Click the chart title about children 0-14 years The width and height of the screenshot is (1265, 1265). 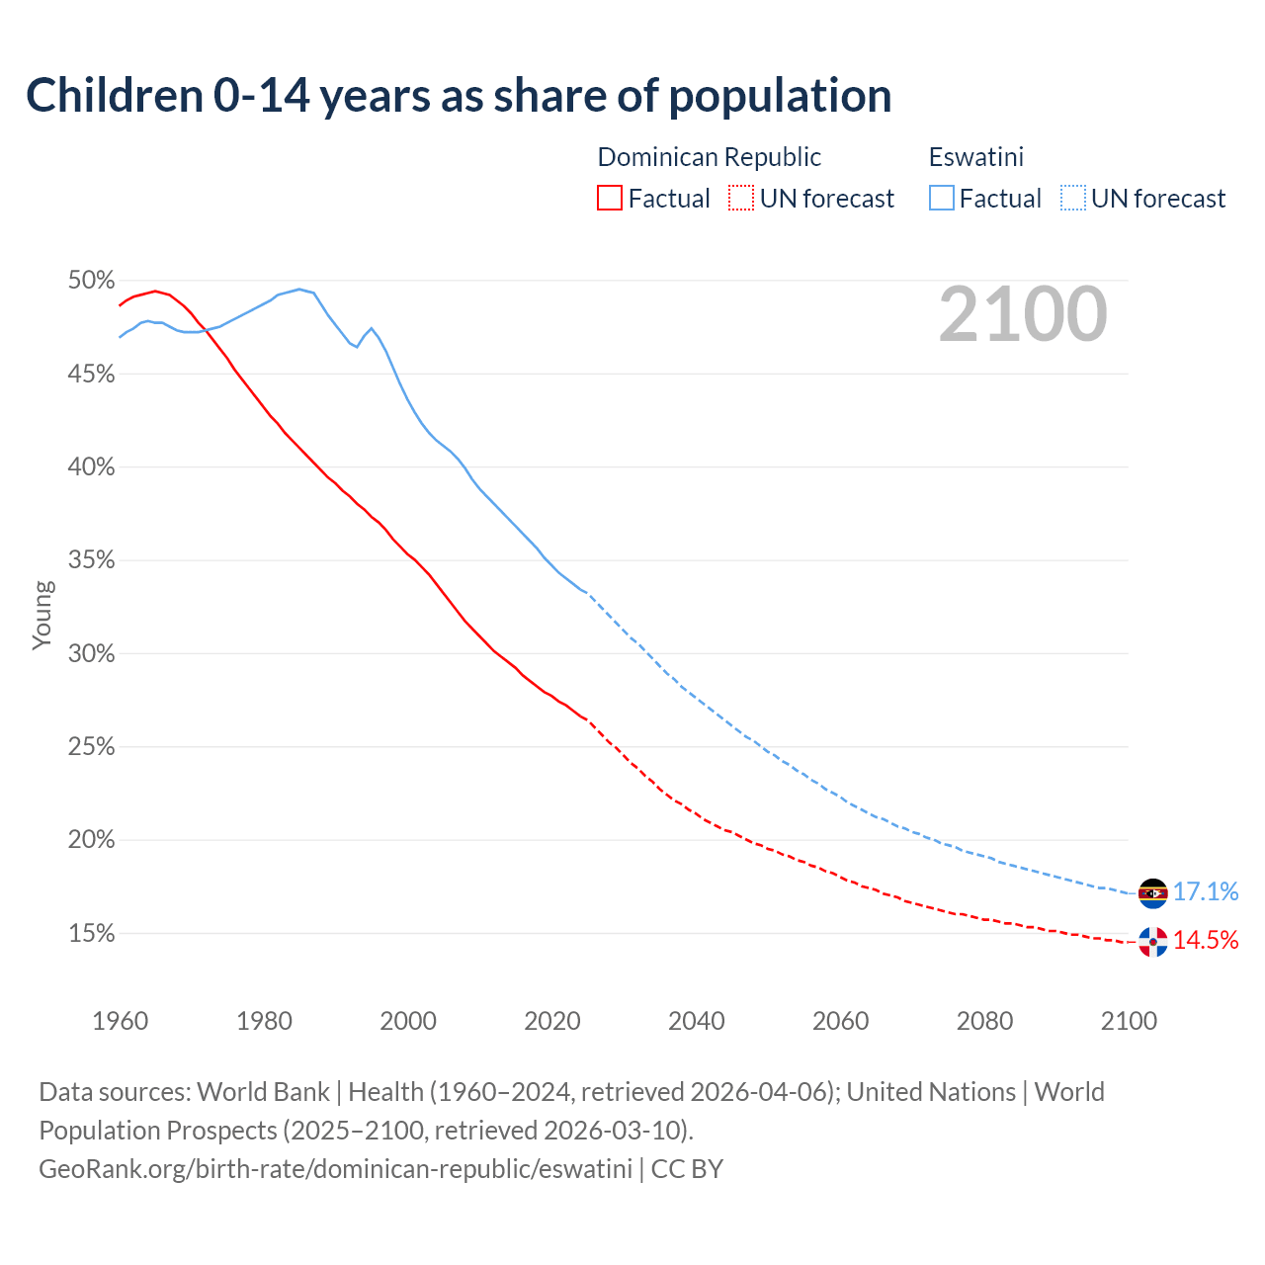459,96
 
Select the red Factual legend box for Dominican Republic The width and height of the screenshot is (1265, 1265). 610,198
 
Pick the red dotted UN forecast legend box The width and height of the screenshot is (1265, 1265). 741,198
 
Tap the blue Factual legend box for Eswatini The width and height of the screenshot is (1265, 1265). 942,198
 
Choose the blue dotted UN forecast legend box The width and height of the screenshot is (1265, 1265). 1072,198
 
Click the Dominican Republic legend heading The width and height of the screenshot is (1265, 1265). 709,157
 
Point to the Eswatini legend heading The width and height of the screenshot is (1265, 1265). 975,157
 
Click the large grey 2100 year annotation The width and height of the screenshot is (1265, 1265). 1022,314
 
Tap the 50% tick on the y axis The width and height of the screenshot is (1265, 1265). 92,281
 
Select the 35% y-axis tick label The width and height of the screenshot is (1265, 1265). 92,560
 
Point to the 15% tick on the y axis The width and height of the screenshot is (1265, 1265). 92,933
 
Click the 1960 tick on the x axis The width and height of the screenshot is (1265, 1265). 120,1020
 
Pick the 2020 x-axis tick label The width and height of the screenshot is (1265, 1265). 551,1020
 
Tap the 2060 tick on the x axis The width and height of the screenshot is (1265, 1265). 840,1020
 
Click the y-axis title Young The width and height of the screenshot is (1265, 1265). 42,615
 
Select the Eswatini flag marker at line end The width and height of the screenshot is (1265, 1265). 1152,892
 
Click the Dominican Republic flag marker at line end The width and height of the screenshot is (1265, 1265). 1152,941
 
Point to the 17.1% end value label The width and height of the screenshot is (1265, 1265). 1205,891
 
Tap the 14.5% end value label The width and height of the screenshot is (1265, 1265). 1205,940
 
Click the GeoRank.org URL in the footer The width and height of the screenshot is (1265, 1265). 335,1168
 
